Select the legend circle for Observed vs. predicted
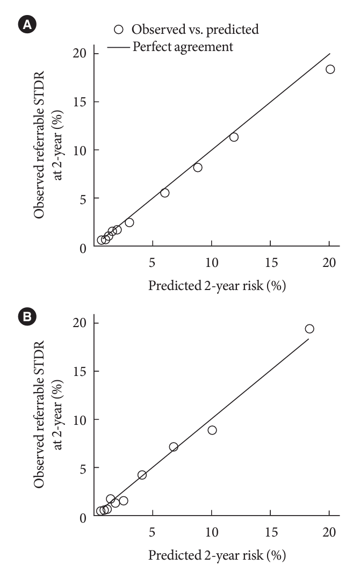click(x=120, y=30)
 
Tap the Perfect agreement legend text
click(x=183, y=47)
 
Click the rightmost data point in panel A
click(x=330, y=69)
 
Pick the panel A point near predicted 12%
click(x=234, y=137)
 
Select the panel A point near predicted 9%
click(x=198, y=168)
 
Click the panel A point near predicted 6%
click(x=165, y=193)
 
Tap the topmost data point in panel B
click(x=309, y=329)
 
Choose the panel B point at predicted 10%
click(x=212, y=430)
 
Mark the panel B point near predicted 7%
click(x=174, y=447)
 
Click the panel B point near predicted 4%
click(x=142, y=475)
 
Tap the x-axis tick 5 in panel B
click(x=153, y=532)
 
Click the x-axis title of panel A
click(x=217, y=286)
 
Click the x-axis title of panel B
click(x=217, y=555)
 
